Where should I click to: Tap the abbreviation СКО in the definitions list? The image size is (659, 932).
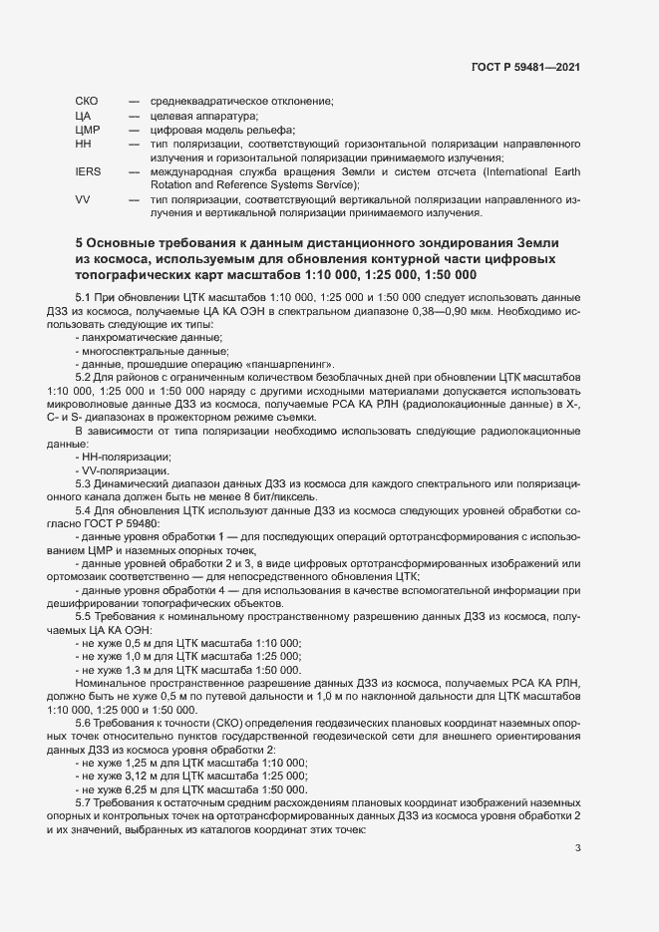86,102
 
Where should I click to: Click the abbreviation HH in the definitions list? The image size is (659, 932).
83,144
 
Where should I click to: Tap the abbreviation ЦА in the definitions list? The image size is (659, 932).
83,116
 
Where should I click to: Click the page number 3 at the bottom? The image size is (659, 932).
578,848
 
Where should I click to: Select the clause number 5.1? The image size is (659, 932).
84,298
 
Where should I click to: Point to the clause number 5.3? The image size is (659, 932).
84,482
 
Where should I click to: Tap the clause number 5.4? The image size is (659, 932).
84,509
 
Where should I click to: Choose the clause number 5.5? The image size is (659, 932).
84,616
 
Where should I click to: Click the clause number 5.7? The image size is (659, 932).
84,800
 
